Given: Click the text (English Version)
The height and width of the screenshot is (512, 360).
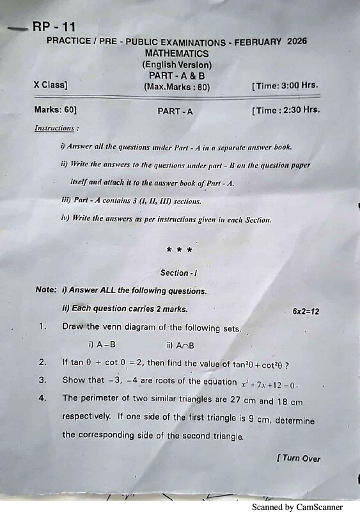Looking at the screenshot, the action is (x=176, y=65).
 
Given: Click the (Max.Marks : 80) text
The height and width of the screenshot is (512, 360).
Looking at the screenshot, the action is (x=177, y=86).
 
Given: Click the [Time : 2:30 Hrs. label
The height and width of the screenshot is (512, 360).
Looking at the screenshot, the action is (x=286, y=111).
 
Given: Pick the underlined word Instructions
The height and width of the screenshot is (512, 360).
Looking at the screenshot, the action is (x=56, y=128).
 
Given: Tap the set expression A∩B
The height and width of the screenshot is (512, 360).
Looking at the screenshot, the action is (x=184, y=346).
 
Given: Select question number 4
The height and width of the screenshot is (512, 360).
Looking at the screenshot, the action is (x=42, y=398).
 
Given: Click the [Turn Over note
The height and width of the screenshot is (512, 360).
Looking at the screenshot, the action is (x=299, y=458).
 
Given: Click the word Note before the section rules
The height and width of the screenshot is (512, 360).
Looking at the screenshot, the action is (x=45, y=291).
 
